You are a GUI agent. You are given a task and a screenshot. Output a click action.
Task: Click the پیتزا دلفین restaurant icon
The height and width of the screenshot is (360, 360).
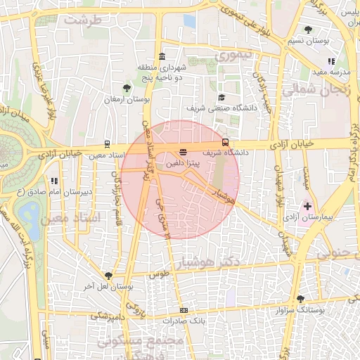pyautogui.click(x=184, y=152)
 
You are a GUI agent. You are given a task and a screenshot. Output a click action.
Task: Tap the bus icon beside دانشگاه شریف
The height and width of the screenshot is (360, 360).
pyautogui.click(x=225, y=141)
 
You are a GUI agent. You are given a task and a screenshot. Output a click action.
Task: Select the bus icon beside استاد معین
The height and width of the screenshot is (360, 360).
pyautogui.click(x=107, y=143)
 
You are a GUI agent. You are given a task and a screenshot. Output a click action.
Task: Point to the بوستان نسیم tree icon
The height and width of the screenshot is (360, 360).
pyautogui.click(x=309, y=30)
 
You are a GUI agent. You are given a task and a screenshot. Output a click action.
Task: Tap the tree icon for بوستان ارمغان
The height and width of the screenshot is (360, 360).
pyautogui.click(x=127, y=88)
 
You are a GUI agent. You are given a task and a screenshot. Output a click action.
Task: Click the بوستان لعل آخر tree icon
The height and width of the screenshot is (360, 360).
pyautogui.click(x=108, y=276)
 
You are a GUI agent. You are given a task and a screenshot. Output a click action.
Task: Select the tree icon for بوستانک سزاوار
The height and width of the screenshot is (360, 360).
pyautogui.click(x=301, y=299)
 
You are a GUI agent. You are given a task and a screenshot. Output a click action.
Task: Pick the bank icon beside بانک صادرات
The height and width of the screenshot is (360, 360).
pyautogui.click(x=184, y=310)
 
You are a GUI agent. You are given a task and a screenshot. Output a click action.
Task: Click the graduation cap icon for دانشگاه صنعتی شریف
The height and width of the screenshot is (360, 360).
pyautogui.click(x=221, y=98)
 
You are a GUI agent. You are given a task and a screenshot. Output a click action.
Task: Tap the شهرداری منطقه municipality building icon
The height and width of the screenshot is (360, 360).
pyautogui.click(x=162, y=56)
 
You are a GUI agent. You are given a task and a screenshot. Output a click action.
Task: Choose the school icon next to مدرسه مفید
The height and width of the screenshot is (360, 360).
pyautogui.click(x=331, y=61)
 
